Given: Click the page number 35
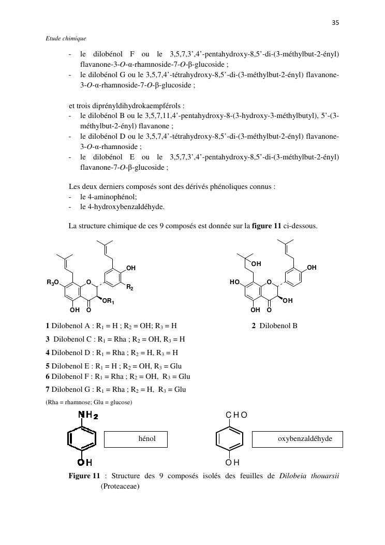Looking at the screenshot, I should (335, 23).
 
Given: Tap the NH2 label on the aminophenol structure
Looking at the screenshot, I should (88, 415).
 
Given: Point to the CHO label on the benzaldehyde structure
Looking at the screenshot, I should (236, 415).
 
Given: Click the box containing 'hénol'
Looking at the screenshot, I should (137, 439).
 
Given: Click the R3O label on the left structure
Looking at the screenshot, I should (53, 282).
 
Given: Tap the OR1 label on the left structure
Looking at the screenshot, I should (108, 301).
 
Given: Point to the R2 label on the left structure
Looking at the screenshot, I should (130, 287).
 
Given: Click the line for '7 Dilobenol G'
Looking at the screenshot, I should (115, 389).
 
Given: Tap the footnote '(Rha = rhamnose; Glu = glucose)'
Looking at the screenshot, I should (88, 402).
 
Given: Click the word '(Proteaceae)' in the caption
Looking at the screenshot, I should (120, 487).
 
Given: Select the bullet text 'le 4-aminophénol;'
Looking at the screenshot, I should (108, 197).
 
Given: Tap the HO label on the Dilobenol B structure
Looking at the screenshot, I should (235, 283).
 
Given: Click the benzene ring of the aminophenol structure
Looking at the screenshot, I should (81, 439).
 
